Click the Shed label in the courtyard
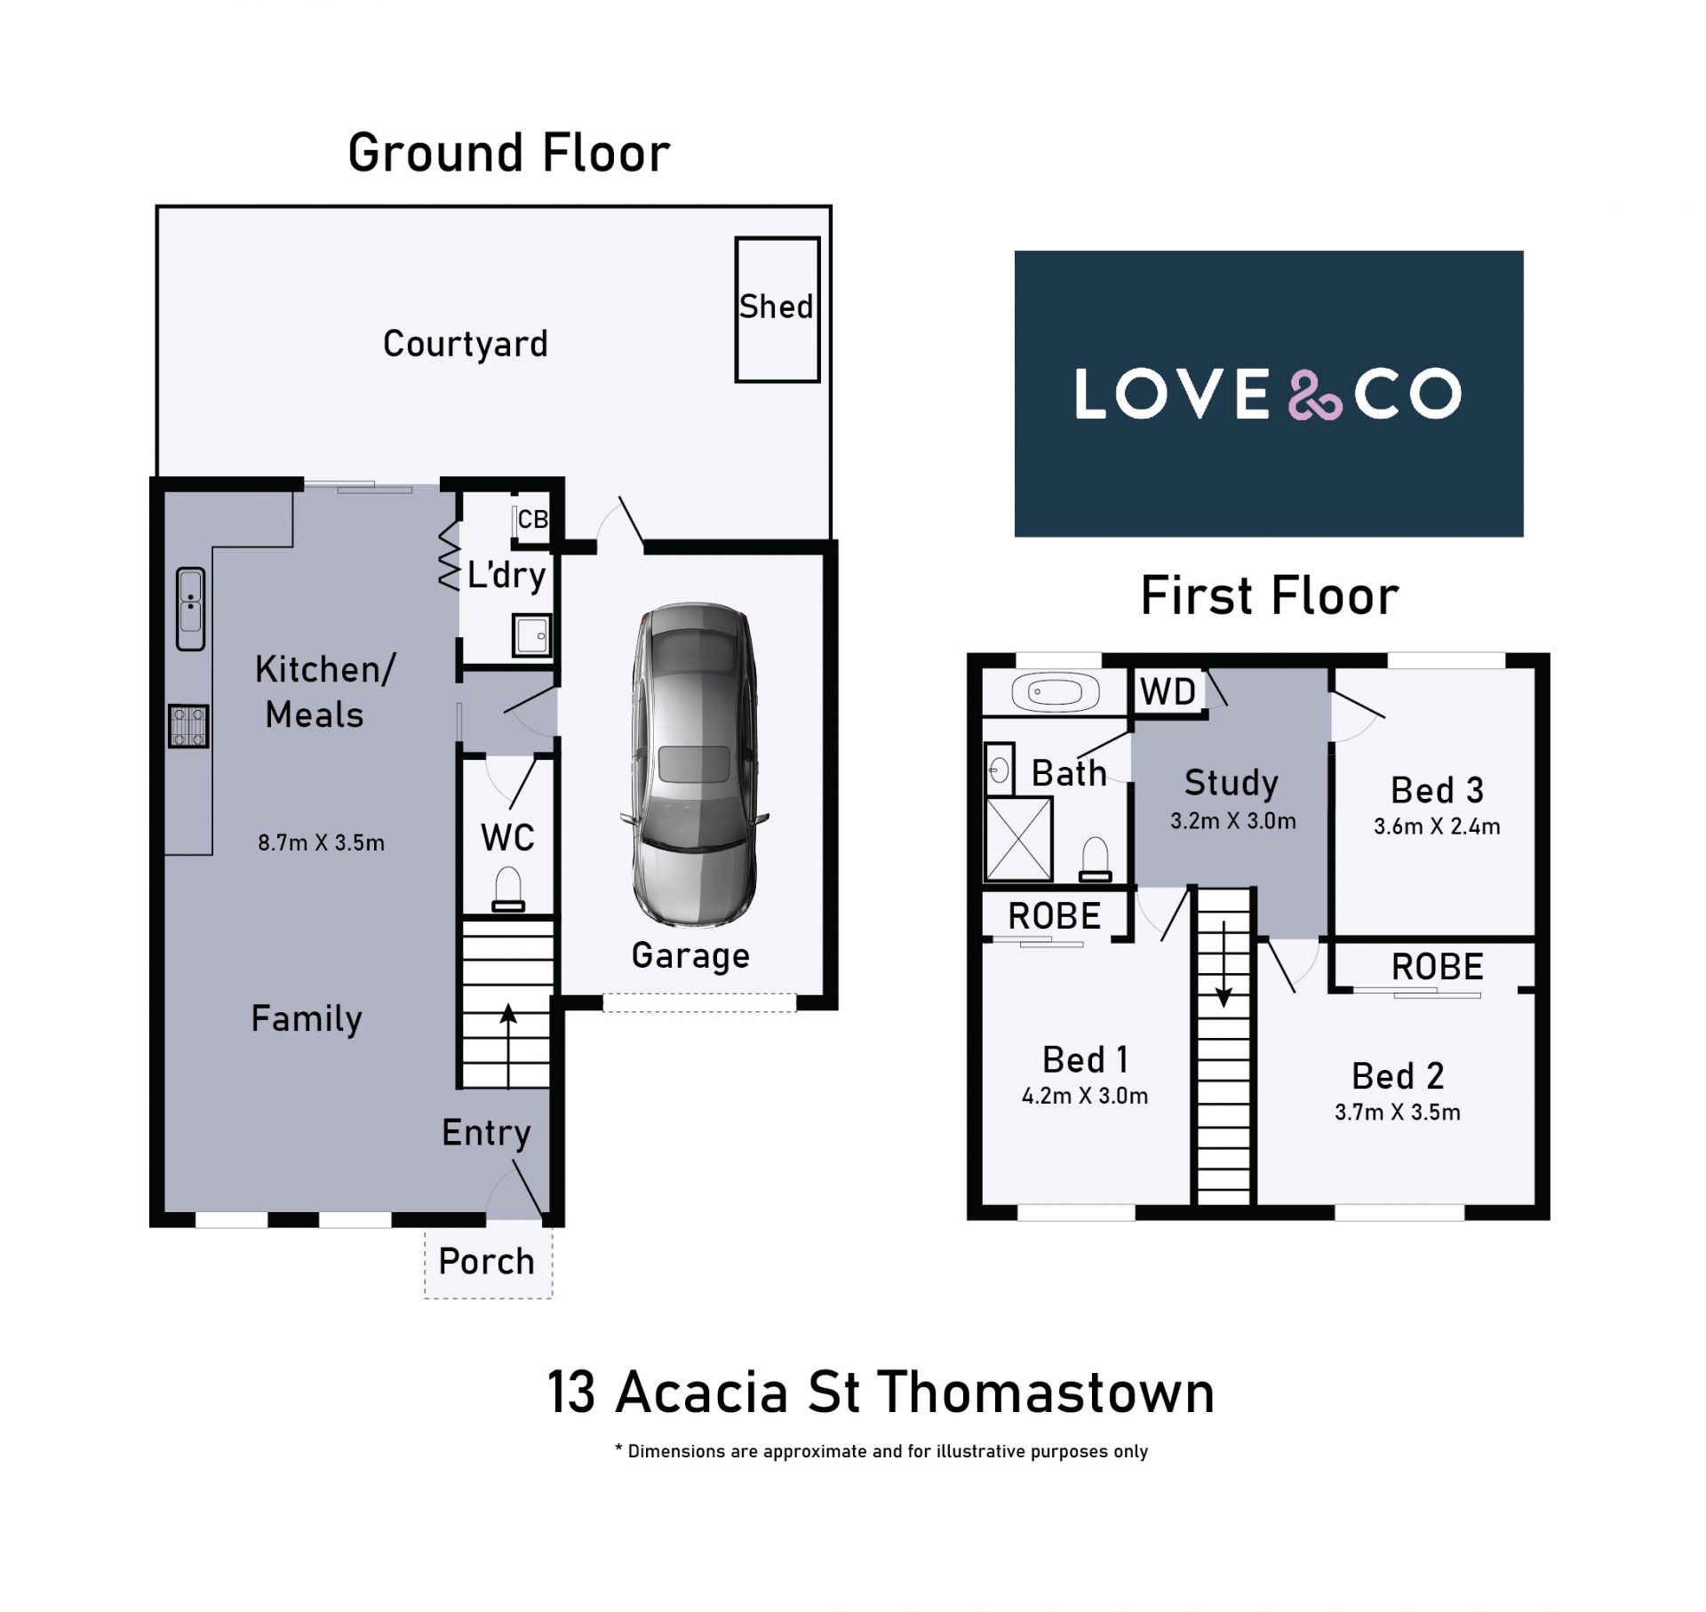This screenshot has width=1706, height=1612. pyautogui.click(x=776, y=307)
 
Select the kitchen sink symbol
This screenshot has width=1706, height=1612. pyautogui.click(x=190, y=609)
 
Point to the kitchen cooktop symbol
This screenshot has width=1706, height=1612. pyautogui.click(x=188, y=725)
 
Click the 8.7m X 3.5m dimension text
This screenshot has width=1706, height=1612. pyautogui.click(x=322, y=842)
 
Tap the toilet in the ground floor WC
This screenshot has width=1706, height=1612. pyautogui.click(x=508, y=890)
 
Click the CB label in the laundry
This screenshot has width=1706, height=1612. pyautogui.click(x=532, y=519)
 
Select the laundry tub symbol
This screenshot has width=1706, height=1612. pyautogui.click(x=531, y=634)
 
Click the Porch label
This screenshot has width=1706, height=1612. pyautogui.click(x=486, y=1261)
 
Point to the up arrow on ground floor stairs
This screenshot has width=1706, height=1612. pyautogui.click(x=507, y=1046)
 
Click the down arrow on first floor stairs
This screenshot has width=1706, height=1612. pyautogui.click(x=1224, y=964)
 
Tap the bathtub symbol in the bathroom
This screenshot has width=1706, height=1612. pyautogui.click(x=1056, y=692)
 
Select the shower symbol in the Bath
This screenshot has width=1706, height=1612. pyautogui.click(x=1018, y=839)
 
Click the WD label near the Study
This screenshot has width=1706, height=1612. pyautogui.click(x=1168, y=691)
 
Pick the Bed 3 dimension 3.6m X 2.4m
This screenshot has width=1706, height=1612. pyautogui.click(x=1437, y=826)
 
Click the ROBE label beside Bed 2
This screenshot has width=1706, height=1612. pyautogui.click(x=1437, y=967)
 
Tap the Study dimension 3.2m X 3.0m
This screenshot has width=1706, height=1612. pyautogui.click(x=1232, y=821)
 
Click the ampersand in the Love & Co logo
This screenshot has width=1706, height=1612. pyautogui.click(x=1315, y=394)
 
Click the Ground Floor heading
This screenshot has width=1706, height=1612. pyautogui.click(x=509, y=153)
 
